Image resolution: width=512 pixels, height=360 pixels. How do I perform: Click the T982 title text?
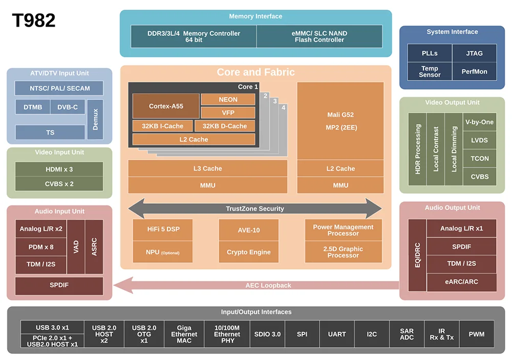click(x=34, y=20)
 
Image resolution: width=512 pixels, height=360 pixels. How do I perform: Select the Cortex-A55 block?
click(x=166, y=106)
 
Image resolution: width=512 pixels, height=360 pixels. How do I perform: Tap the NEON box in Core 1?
click(x=228, y=99)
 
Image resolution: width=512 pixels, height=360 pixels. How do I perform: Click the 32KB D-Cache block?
click(x=224, y=126)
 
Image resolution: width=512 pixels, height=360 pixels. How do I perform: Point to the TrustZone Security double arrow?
click(x=255, y=208)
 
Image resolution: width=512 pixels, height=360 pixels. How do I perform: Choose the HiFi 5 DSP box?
click(x=163, y=230)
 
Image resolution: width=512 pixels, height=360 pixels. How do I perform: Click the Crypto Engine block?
click(x=248, y=252)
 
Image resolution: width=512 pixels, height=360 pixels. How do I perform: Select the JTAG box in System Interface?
click(x=474, y=53)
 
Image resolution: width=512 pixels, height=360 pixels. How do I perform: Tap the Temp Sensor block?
click(x=430, y=72)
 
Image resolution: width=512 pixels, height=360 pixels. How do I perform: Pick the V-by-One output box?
click(x=479, y=122)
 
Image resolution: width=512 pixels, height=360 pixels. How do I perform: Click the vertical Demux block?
click(x=95, y=119)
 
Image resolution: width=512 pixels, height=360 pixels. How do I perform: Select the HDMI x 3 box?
click(x=59, y=169)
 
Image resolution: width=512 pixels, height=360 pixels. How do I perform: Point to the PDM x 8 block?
click(x=41, y=247)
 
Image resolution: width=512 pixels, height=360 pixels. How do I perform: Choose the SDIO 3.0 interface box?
click(x=267, y=334)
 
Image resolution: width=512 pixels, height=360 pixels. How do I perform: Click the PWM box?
click(x=477, y=334)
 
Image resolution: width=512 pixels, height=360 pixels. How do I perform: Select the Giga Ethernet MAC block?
click(x=184, y=334)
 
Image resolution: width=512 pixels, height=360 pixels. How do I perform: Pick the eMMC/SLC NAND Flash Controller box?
click(x=319, y=36)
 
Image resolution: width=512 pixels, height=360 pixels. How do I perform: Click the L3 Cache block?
click(x=207, y=168)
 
